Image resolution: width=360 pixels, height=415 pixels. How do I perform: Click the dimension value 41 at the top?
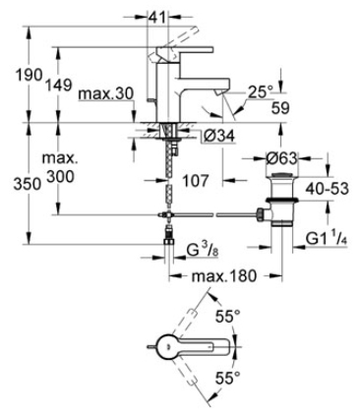(x=156, y=17)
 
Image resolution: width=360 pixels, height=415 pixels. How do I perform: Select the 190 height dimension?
(x=30, y=75)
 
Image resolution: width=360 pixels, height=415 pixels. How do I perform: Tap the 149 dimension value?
(x=58, y=86)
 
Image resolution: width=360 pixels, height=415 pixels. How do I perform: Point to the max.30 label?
(x=106, y=94)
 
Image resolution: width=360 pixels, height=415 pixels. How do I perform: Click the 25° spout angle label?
(x=261, y=92)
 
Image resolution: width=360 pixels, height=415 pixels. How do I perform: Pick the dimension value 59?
(x=280, y=108)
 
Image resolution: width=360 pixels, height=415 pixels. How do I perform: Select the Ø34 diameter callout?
(x=218, y=137)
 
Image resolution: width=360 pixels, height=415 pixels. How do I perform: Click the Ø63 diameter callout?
(x=281, y=159)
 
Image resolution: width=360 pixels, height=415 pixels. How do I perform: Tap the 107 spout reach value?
(x=195, y=181)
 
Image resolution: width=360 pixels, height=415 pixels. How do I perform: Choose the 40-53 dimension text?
(x=327, y=190)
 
